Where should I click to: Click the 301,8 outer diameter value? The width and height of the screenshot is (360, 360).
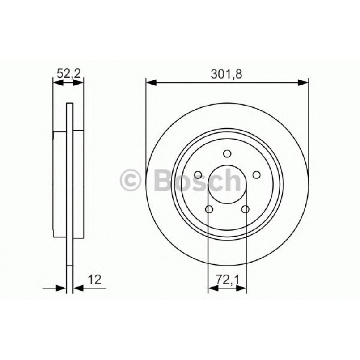(227, 75)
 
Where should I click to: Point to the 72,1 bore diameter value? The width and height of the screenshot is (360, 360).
(227, 280)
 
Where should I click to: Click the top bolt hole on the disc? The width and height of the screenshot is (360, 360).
(227, 154)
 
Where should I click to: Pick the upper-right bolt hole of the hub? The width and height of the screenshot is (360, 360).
(257, 175)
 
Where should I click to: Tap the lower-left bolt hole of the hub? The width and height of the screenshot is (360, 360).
(209, 209)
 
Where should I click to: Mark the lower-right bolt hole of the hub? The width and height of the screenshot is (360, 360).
(245, 209)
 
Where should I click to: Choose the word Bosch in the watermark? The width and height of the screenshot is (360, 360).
(197, 180)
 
